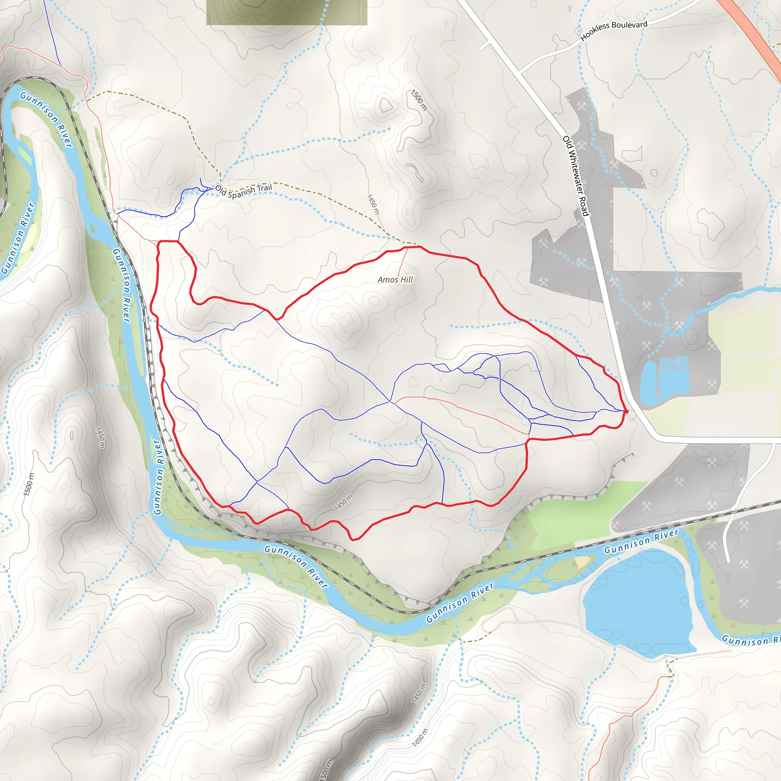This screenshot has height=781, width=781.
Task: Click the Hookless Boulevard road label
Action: (614, 31)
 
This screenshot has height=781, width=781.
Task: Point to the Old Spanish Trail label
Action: (243, 191)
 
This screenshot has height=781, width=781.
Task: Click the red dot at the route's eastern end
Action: (626, 411)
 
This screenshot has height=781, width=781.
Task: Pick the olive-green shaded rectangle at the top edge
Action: (286, 12)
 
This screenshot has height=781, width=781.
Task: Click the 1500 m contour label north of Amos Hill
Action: (419, 100)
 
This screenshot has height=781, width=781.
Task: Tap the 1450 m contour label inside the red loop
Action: (344, 503)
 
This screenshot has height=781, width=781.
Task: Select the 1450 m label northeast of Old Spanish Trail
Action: (373, 204)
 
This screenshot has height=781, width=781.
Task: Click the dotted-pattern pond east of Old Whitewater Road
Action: (673, 365)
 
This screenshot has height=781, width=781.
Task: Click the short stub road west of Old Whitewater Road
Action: (484, 45)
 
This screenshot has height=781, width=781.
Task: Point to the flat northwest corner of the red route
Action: (168, 241)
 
